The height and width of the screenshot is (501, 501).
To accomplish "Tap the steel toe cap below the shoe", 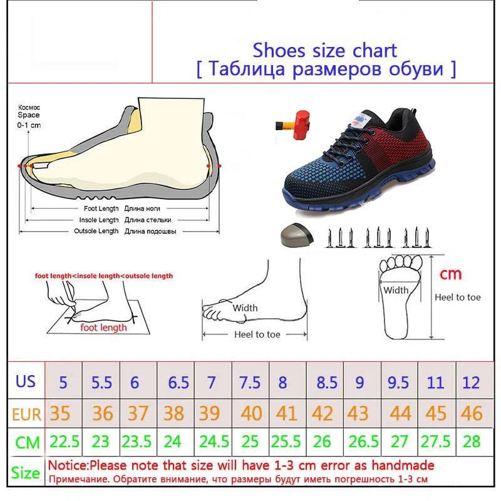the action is tap(297, 235).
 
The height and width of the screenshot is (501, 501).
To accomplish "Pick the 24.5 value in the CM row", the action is tap(214, 442).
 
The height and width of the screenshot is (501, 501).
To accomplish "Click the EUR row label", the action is tap(26, 415).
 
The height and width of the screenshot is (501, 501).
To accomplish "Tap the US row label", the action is tap(26, 381).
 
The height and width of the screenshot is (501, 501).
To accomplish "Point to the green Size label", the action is tap(26, 473).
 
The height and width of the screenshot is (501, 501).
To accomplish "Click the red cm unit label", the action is tap(450, 274).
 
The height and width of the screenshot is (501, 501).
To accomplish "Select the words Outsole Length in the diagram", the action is tap(96, 231).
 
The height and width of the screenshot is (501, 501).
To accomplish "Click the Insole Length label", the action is tap(99, 220).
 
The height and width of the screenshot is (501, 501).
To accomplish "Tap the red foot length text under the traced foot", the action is tap(103, 328).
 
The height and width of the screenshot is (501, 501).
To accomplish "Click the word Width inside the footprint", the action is tap(396, 290).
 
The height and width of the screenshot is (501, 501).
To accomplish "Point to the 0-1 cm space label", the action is tap(29, 125).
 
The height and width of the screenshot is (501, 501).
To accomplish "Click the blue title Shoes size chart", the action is tap(324, 51).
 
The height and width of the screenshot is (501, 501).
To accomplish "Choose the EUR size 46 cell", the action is tap(472, 413).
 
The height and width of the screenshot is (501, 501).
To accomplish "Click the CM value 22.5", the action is tap(65, 442).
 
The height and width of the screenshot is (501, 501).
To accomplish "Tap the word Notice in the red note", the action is tap(68, 465).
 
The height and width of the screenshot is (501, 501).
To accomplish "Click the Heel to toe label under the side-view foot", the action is tap(257, 334).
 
